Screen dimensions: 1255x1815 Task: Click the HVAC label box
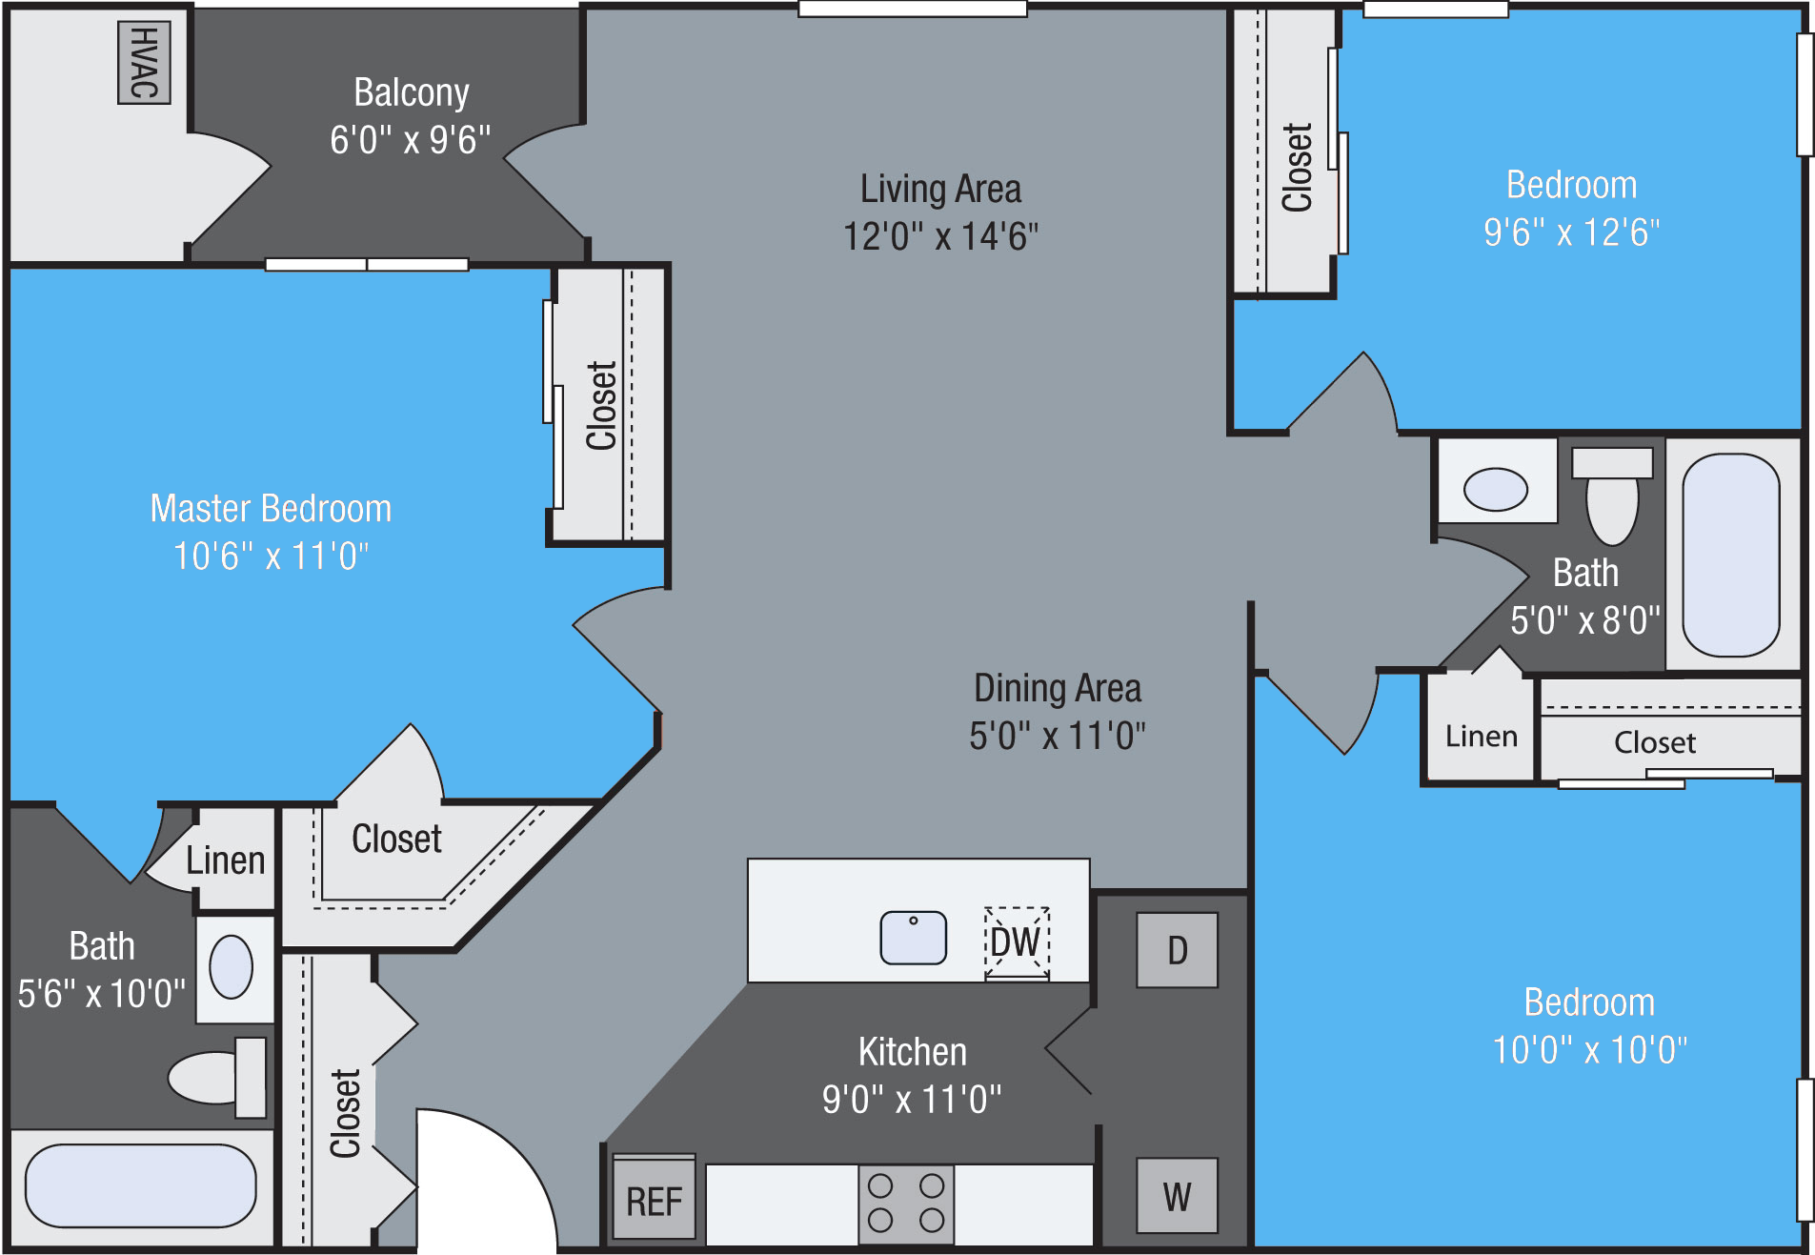coord(144,62)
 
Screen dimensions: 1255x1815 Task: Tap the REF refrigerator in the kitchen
coord(654,1200)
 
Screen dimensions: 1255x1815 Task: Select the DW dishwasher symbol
coord(1017,942)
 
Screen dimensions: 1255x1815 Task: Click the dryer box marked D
coord(1177,950)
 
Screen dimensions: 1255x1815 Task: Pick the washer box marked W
coord(1177,1196)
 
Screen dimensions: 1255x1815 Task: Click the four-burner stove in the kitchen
coord(906,1204)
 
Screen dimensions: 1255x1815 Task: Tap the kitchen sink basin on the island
coord(913,938)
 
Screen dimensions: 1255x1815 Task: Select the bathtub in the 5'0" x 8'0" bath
coord(1730,555)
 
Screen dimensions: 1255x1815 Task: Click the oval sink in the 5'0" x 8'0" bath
coord(1495,490)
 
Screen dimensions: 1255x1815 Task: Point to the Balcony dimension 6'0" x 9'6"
coord(411,140)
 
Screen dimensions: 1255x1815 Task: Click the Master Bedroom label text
coord(271,509)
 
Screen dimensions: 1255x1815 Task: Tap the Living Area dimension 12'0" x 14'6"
coord(940,236)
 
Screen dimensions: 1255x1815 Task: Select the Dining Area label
coord(1057,688)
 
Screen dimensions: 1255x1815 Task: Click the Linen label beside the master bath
coord(225,860)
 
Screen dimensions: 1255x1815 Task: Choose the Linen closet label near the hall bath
coord(1481,737)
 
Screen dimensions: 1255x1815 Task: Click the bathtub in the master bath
coord(141,1185)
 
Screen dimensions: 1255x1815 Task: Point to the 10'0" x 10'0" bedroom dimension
coord(1589,1050)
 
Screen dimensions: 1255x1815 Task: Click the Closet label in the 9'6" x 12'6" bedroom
coord(1297,167)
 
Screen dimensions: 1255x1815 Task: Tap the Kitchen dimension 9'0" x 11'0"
coord(912,1100)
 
